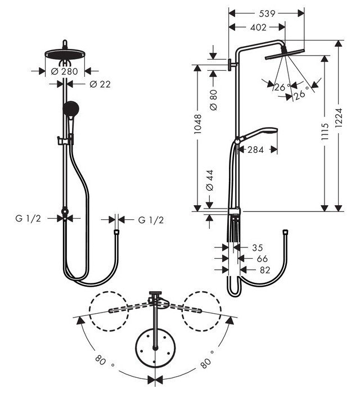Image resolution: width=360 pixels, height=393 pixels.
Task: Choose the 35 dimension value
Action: click(258, 247)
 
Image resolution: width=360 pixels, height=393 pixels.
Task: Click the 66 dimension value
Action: click(262, 259)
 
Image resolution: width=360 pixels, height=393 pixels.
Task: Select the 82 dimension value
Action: click(262, 270)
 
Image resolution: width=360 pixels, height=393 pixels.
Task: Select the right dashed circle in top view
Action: click(201, 310)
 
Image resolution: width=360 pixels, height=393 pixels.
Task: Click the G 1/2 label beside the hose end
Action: click(150, 220)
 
